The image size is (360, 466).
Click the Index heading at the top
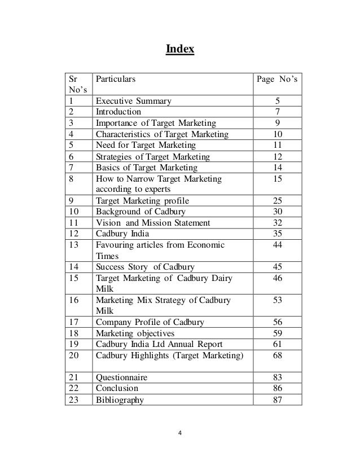(x=179, y=50)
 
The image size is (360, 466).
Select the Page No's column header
(x=277, y=80)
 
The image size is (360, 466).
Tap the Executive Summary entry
(x=134, y=102)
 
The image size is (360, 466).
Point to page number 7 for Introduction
(x=277, y=112)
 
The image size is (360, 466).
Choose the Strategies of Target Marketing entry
(x=152, y=156)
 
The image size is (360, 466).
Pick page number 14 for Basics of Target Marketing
(x=277, y=168)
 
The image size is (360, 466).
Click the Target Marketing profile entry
(x=143, y=200)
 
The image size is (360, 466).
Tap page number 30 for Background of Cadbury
(x=277, y=212)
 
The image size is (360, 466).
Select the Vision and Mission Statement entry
(x=153, y=223)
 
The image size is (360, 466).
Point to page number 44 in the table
(x=277, y=245)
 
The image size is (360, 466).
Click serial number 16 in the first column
(x=74, y=300)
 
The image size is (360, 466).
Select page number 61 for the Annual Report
(x=277, y=344)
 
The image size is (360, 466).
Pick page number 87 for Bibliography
(x=277, y=400)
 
